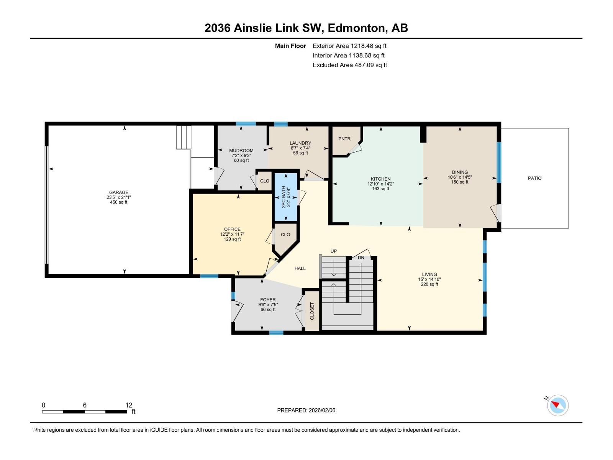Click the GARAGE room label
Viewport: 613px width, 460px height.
click(118, 192)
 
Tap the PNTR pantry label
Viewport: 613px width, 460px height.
click(344, 139)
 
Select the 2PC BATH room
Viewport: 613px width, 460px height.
click(286, 197)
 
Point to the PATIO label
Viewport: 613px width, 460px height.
click(534, 178)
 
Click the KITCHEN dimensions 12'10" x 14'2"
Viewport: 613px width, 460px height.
click(380, 184)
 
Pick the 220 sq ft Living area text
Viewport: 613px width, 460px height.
click(429, 284)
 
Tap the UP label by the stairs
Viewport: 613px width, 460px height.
click(334, 251)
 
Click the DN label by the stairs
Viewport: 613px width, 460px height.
click(361, 258)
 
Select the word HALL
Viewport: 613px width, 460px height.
click(300, 268)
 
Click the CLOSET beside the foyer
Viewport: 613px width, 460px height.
click(312, 311)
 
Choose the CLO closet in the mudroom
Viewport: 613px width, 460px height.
click(264, 181)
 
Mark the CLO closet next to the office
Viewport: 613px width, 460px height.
click(285, 235)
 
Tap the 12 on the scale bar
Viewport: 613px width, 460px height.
click(129, 405)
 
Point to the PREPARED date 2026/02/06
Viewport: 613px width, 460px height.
click(321, 410)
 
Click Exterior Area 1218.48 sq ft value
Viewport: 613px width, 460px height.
click(368, 46)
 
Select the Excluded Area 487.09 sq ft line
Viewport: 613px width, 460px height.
click(349, 65)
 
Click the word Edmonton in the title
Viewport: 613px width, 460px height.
click(356, 28)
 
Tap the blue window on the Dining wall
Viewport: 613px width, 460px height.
click(499, 163)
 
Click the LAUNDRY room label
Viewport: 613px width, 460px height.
click(300, 143)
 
